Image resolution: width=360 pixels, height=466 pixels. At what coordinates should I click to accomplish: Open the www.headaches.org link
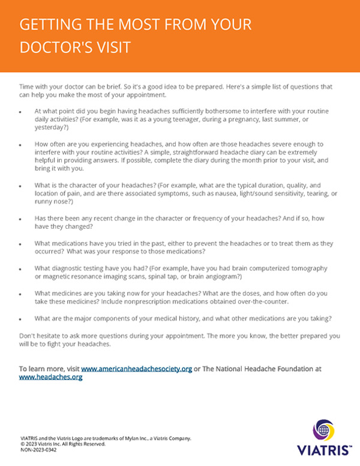[x=50, y=377]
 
